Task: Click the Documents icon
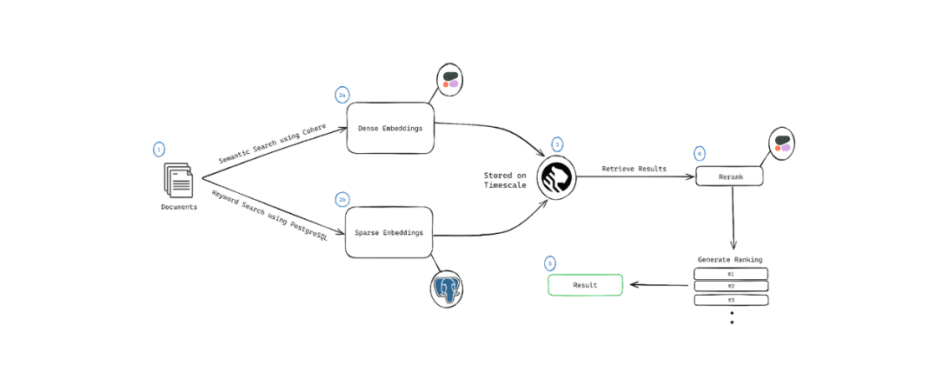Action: pyautogui.click(x=178, y=183)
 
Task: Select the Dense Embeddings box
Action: pyautogui.click(x=390, y=128)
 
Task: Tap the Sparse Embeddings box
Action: pyautogui.click(x=389, y=232)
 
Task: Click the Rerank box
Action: pyautogui.click(x=730, y=176)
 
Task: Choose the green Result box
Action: pyautogui.click(x=585, y=285)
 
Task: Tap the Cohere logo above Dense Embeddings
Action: pyautogui.click(x=451, y=80)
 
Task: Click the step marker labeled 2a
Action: pyautogui.click(x=342, y=93)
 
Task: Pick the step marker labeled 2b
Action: pyautogui.click(x=342, y=199)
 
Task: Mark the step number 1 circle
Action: pyautogui.click(x=158, y=150)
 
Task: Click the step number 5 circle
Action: pyautogui.click(x=549, y=263)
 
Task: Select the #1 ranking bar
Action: pyautogui.click(x=730, y=274)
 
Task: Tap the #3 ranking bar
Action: pyautogui.click(x=730, y=300)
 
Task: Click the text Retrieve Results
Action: pyautogui.click(x=634, y=169)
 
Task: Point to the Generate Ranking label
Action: pyautogui.click(x=730, y=259)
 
